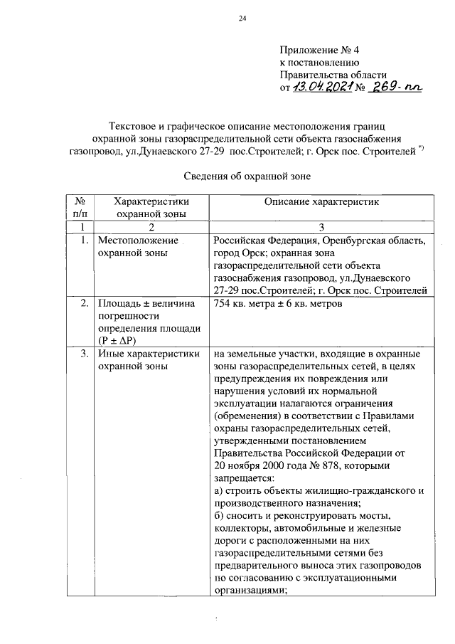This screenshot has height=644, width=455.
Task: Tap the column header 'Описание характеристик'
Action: tap(321, 202)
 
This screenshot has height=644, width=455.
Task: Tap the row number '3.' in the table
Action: tap(84, 354)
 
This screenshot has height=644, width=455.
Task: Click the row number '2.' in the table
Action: tap(84, 305)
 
